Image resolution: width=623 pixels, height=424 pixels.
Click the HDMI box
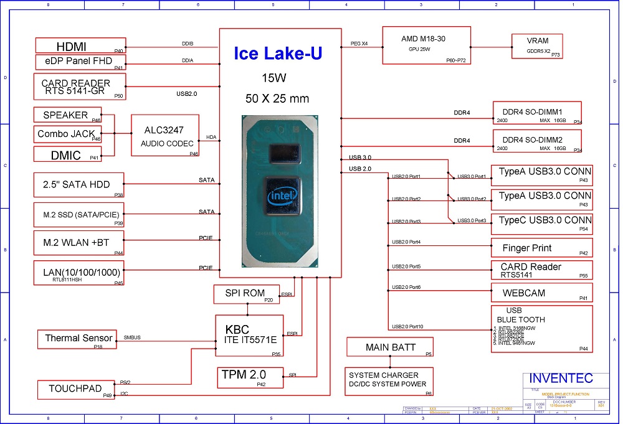pyautogui.click(x=80, y=46)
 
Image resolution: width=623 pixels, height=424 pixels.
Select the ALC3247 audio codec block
pyautogui.click(x=165, y=135)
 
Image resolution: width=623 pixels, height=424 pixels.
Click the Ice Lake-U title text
pyautogui.click(x=278, y=54)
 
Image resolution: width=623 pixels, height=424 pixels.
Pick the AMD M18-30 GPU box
pyautogui.click(x=426, y=45)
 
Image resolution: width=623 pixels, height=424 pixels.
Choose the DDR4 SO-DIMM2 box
pyautogui.click(x=537, y=144)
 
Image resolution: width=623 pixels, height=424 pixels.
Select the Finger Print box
pyautogui.click(x=541, y=248)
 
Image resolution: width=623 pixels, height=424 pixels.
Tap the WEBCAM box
pyautogui.click(x=541, y=293)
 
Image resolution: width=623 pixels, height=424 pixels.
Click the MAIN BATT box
pyautogui.click(x=390, y=347)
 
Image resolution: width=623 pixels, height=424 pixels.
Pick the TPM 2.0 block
pyautogui.click(x=244, y=377)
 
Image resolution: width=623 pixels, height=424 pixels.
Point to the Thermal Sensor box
pyautogui.click(x=77, y=339)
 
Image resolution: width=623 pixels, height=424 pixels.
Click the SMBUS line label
pyautogui.click(x=133, y=337)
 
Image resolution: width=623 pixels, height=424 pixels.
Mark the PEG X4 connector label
pyautogui.click(x=359, y=44)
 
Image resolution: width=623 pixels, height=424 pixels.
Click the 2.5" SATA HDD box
pyautogui.click(x=80, y=185)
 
